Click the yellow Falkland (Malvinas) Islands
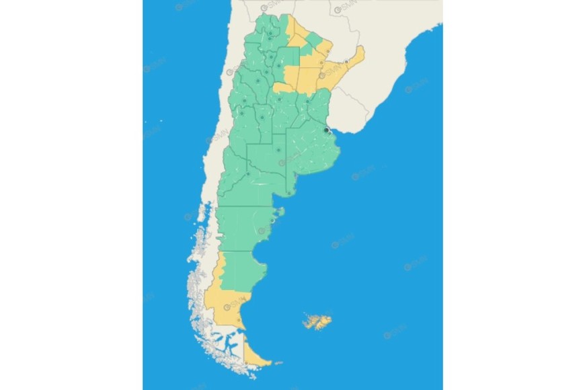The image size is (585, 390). pyautogui.click(x=317, y=321)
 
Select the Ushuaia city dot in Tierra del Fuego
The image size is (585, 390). pyautogui.click(x=246, y=364)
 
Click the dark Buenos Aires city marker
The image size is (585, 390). pyautogui.click(x=326, y=130)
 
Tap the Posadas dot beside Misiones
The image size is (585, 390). pyautogui.click(x=346, y=62)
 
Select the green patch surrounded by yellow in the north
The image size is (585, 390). pyautogui.click(x=314, y=37)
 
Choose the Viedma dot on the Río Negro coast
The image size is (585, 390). pyautogui.click(x=288, y=194)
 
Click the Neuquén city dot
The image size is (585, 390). pyautogui.click(x=248, y=174)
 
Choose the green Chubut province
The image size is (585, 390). pyautogui.click(x=242, y=229)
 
